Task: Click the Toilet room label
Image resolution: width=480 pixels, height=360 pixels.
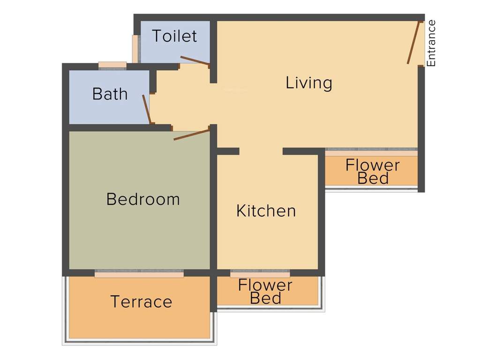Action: coord(174,36)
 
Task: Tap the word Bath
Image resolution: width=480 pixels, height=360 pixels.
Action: coord(110,94)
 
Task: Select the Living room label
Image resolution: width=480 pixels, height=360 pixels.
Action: coord(309,83)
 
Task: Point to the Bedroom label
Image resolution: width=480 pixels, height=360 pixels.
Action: coord(143,199)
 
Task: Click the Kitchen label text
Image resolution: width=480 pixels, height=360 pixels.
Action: coord(266,211)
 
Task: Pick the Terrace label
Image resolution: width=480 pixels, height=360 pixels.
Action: coord(141,301)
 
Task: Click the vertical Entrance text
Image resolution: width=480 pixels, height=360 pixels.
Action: coord(431,43)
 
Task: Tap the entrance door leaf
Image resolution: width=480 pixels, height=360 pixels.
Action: coord(414,42)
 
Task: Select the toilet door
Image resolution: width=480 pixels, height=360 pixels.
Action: coord(195,60)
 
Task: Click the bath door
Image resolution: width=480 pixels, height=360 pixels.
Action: coord(146,109)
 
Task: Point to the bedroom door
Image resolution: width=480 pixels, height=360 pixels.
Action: coord(191,135)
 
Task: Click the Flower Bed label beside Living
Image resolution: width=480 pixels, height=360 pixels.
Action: coord(373,172)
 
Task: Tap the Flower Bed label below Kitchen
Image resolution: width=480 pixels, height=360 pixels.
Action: coord(265,292)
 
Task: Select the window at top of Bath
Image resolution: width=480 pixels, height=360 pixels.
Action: coord(112,65)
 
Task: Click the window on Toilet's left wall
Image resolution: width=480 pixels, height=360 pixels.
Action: coord(135,49)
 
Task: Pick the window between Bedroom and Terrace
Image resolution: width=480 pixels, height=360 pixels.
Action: coord(139,274)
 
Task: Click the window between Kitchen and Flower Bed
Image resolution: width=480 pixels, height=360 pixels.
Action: coord(260,274)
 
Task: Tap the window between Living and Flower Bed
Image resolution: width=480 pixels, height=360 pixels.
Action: coord(371,152)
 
